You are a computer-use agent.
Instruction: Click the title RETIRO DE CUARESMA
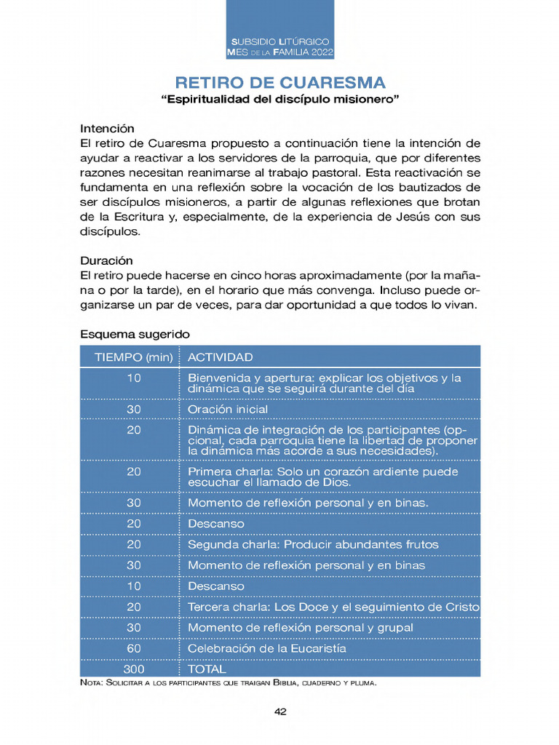(280, 82)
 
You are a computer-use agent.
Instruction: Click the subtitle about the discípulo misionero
(280, 99)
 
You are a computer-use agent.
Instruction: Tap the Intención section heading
(107, 128)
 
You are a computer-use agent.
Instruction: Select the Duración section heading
(106, 260)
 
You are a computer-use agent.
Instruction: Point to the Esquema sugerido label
(135, 335)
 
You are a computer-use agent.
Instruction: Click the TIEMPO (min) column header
(133, 357)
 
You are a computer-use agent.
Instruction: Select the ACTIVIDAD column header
(221, 357)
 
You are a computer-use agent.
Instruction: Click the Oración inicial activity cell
(228, 410)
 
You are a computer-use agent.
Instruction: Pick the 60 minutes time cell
(133, 648)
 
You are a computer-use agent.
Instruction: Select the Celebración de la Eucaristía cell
(267, 648)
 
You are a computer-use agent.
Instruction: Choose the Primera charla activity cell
(323, 477)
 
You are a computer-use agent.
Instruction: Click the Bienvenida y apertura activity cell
(325, 383)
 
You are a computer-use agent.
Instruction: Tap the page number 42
(280, 712)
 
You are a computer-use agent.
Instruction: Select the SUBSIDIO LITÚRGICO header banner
(280, 48)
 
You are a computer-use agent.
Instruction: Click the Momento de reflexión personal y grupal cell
(301, 627)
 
